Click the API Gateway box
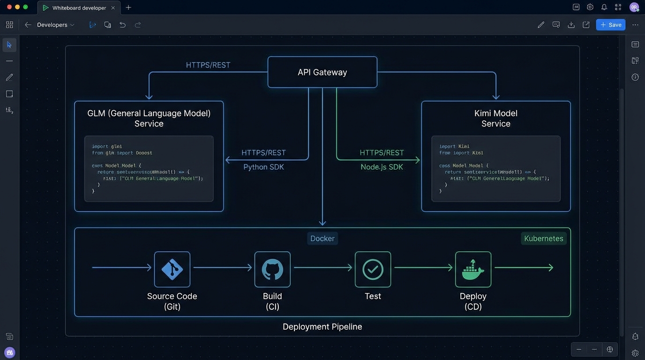point(322,72)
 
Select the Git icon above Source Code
point(172,270)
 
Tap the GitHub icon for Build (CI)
point(272,270)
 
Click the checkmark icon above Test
point(373,270)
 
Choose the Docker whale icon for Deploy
point(473,270)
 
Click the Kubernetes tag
point(543,239)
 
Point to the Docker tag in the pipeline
point(322,239)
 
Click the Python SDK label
point(263,167)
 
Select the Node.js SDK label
point(382,167)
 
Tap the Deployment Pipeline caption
point(322,327)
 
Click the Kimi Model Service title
point(495,118)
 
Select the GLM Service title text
point(149,118)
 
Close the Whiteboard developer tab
point(113,8)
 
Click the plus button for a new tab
point(128,7)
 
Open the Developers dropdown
point(55,25)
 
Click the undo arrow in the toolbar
point(122,25)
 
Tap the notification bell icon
point(604,7)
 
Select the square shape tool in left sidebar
point(9,94)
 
